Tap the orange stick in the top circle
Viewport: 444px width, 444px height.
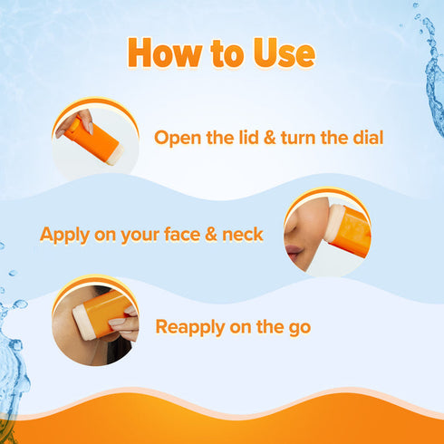(x=94, y=139)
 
